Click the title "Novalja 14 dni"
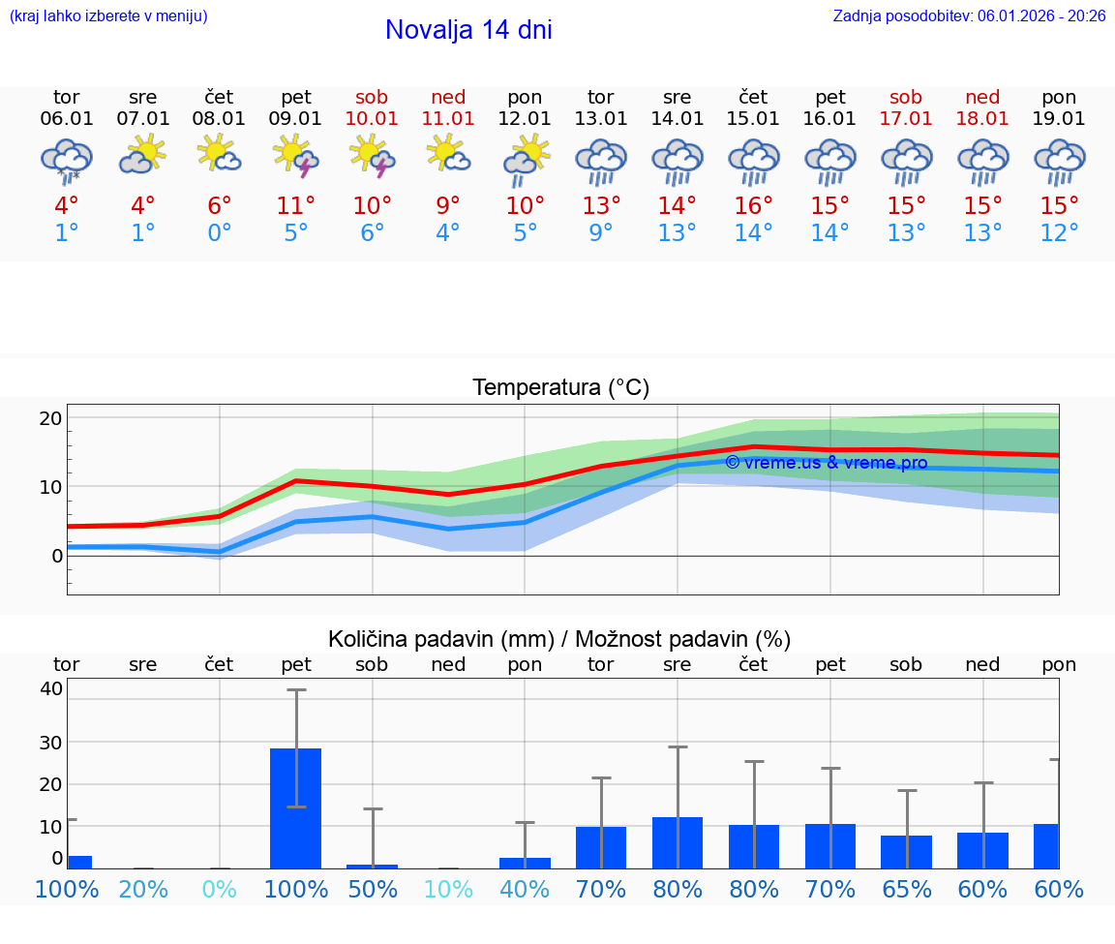[x=468, y=30]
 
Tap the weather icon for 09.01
[x=296, y=156]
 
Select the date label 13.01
[x=600, y=119]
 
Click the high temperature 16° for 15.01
[x=753, y=206]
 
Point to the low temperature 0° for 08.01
[x=220, y=233]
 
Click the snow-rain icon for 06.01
[x=67, y=160]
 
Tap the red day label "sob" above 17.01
[x=906, y=98]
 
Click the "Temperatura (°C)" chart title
[x=560, y=388]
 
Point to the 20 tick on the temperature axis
[x=50, y=418]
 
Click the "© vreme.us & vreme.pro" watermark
[x=826, y=463]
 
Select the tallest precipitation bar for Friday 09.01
[x=295, y=807]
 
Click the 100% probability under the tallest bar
[x=295, y=889]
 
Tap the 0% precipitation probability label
[x=220, y=889]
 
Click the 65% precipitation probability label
[x=906, y=889]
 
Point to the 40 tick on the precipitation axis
[x=51, y=689]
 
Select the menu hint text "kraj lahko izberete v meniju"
[x=108, y=15]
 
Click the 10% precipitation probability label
[x=448, y=889]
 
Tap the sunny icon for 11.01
[x=448, y=154]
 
